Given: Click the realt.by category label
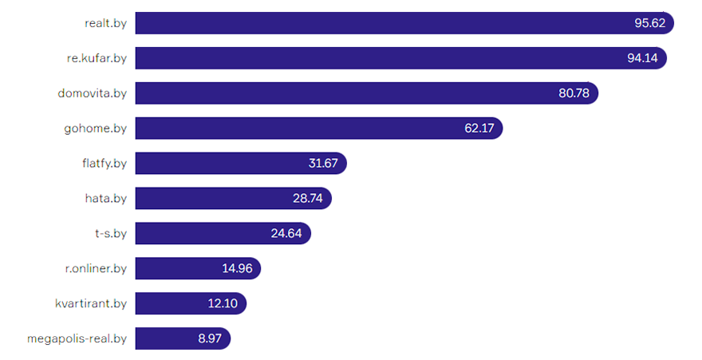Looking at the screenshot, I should (105, 23).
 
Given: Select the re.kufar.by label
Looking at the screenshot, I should (97, 58).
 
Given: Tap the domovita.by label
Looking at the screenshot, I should (92, 93).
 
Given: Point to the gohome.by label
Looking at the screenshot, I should (95, 129).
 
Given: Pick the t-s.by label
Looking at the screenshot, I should (110, 234).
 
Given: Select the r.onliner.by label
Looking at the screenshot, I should (96, 269).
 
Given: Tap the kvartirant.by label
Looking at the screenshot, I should (91, 304).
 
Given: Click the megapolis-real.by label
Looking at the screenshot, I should (77, 339).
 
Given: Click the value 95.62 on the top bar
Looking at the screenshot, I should (649, 23).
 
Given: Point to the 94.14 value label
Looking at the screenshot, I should (642, 58).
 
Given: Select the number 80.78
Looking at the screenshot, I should (574, 93).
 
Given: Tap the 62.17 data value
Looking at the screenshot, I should (480, 129).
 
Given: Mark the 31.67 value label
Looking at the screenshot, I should (324, 164).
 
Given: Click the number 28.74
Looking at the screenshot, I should (307, 199).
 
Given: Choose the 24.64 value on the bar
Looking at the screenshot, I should (286, 234).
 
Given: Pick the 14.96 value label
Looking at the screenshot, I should (237, 269).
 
